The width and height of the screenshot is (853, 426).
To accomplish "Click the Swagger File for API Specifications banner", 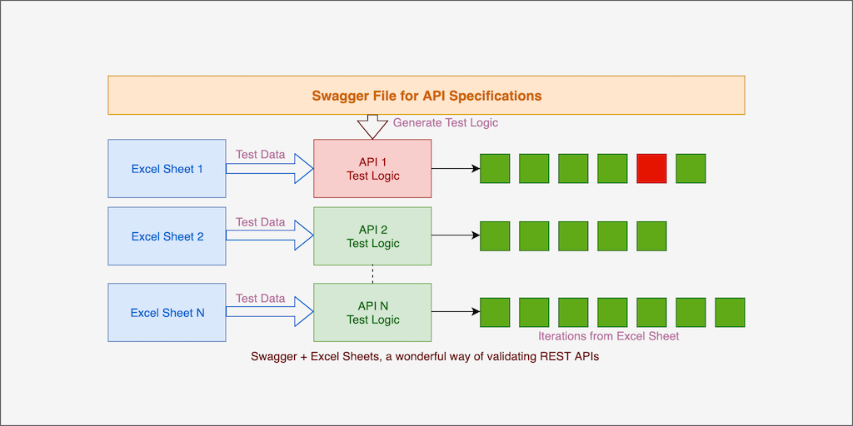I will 426,95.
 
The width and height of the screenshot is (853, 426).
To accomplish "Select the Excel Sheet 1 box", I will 167,169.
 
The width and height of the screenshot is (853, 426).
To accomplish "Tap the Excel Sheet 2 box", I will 167,236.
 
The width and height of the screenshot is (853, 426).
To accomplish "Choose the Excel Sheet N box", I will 167,313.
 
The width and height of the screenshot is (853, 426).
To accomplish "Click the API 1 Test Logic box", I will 372,169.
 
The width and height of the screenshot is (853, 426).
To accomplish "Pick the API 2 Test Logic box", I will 372,236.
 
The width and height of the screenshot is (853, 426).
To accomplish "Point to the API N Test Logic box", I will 372,313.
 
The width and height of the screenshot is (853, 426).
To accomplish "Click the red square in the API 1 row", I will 651,169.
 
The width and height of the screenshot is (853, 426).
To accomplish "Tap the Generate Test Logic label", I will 446,122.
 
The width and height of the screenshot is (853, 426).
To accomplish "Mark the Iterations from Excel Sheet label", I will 608,336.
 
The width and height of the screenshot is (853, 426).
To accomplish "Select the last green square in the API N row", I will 730,313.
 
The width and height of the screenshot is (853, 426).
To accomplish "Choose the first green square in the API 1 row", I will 495,169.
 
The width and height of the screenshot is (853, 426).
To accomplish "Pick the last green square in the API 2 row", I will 651,236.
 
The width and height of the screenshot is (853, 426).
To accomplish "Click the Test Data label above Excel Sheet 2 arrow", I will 260,222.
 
